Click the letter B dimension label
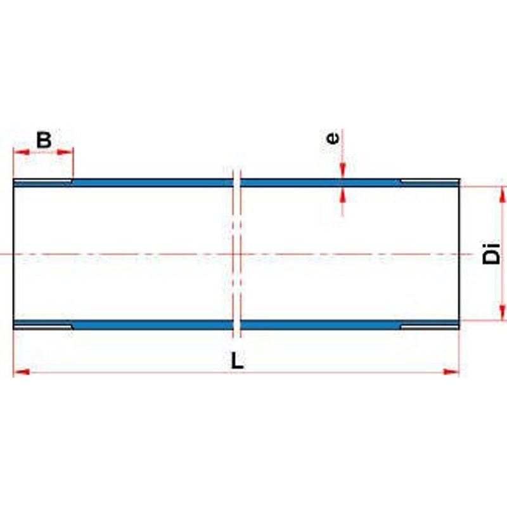point(44,139)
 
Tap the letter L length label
point(237,361)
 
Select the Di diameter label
point(492,254)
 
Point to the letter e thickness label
point(333,138)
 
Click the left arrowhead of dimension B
point(22,152)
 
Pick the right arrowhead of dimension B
point(65,152)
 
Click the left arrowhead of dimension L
point(22,372)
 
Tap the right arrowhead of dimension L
point(451,372)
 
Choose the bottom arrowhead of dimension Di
point(502,312)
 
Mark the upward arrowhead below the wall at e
point(342,195)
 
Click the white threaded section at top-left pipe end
point(42,181)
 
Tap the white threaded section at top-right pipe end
point(430,181)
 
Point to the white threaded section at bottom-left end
point(42,326)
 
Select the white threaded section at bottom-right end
point(430,326)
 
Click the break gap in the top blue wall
point(236,183)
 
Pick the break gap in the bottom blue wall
point(236,324)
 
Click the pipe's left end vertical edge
point(13,254)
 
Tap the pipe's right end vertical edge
point(459,254)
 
